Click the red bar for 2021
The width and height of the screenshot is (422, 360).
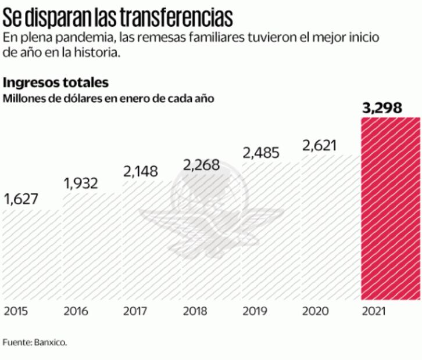tap(391, 209)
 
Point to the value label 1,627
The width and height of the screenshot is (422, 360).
tap(22, 199)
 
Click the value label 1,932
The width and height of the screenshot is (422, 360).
tap(81, 183)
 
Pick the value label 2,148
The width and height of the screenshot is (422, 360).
tap(141, 171)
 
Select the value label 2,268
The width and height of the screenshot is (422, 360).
tap(201, 165)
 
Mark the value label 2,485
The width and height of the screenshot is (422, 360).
tap(261, 153)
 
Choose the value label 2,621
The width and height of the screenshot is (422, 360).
tap(321, 145)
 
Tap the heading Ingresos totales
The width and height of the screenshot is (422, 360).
tap(56, 82)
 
